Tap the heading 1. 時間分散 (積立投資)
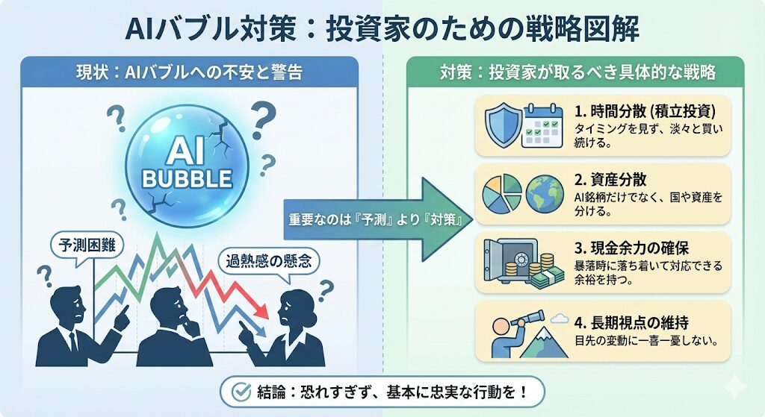click(x=645, y=111)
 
